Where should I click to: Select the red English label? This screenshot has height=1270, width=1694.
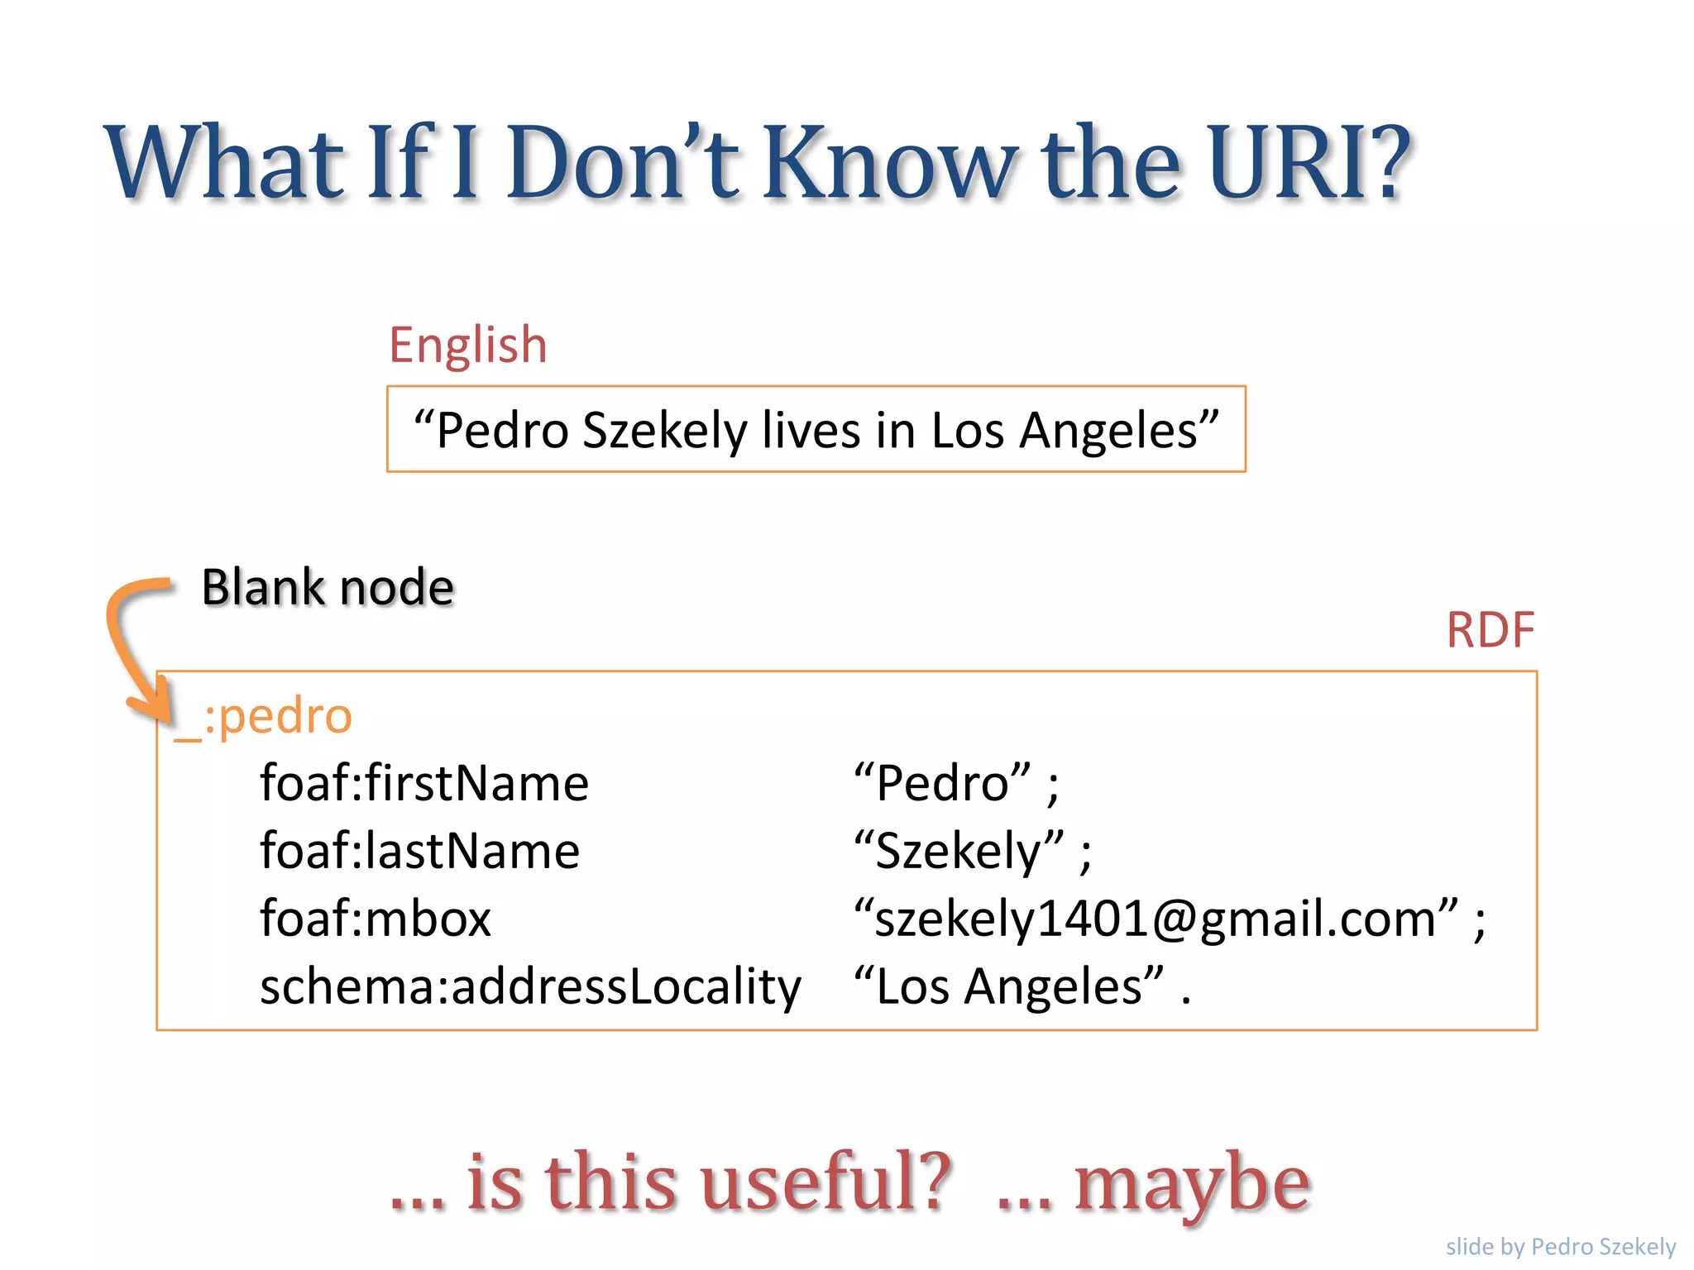coord(468,345)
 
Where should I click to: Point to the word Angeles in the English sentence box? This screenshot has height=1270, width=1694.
coord(1108,430)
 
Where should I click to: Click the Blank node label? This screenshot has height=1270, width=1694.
coord(328,588)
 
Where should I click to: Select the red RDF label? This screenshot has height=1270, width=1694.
coord(1490,630)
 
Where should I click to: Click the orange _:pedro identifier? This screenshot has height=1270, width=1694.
coord(263,716)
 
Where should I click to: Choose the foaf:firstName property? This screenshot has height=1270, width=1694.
coord(423,783)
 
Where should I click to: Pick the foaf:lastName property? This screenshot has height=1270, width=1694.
coord(419,851)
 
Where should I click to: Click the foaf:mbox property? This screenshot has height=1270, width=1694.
coord(376,919)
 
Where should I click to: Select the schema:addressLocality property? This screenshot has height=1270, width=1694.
coord(530,986)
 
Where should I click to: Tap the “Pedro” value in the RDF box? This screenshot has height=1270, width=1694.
coord(943,783)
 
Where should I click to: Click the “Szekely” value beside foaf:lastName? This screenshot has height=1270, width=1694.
coord(959,851)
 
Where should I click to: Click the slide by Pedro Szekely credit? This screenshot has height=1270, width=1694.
coord(1560,1246)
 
